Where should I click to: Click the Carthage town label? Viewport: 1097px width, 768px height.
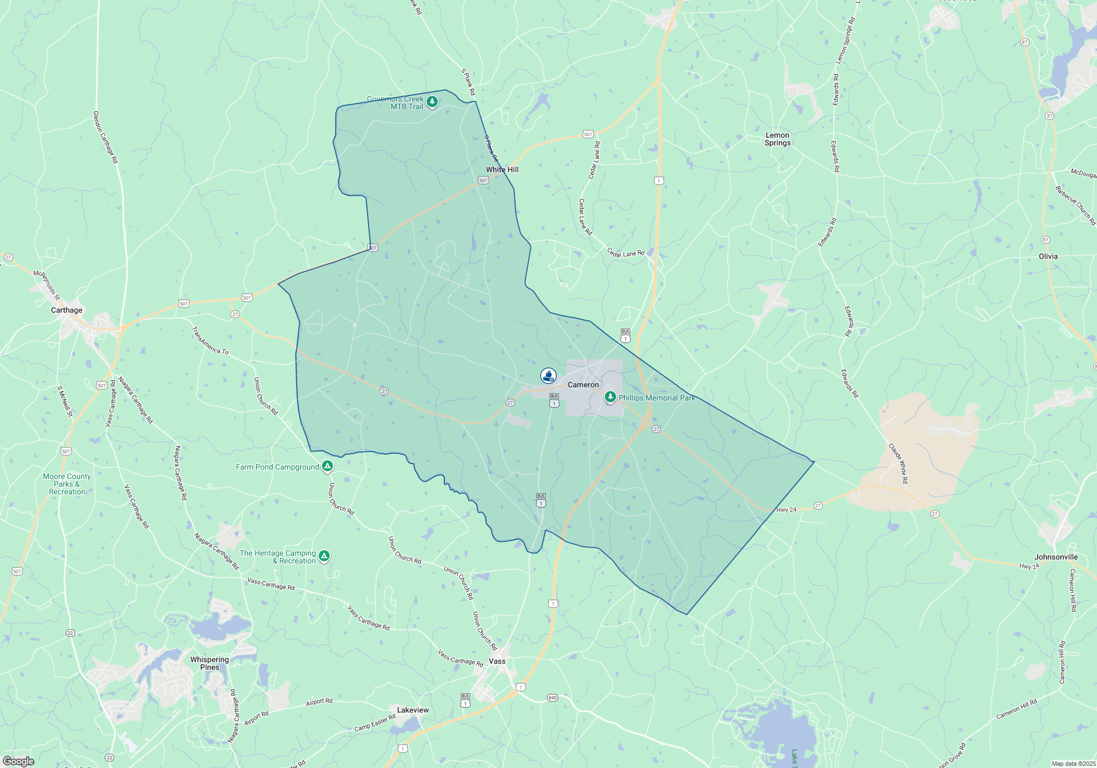[x=66, y=310]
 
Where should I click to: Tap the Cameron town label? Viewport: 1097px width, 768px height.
[x=583, y=385]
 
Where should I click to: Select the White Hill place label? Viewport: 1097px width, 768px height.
[x=502, y=170]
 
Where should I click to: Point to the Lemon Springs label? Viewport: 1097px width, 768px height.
[x=777, y=139]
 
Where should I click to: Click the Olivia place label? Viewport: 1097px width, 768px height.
[x=1048, y=257]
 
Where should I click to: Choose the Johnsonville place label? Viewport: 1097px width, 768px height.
[x=1056, y=557]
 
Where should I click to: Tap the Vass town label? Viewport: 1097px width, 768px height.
[x=497, y=662]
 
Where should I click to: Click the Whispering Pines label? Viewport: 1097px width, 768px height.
[x=210, y=664]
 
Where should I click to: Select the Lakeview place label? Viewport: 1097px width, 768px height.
[x=412, y=710]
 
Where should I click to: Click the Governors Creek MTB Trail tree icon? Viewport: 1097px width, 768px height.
[x=432, y=101]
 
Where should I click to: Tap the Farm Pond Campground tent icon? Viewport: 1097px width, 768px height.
[x=327, y=466]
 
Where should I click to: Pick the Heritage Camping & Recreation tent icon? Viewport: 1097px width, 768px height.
[x=324, y=556]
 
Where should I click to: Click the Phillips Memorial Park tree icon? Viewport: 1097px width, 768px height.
[x=610, y=396]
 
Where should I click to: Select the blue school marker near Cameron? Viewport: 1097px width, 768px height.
[x=548, y=375]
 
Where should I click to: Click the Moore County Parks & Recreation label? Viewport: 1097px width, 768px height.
[x=67, y=484]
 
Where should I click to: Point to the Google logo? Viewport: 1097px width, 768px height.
[x=19, y=761]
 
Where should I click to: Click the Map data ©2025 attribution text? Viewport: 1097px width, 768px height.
[x=1073, y=764]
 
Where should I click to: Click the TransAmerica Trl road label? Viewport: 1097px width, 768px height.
[x=210, y=341]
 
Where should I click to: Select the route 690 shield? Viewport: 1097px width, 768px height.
[x=552, y=698]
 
